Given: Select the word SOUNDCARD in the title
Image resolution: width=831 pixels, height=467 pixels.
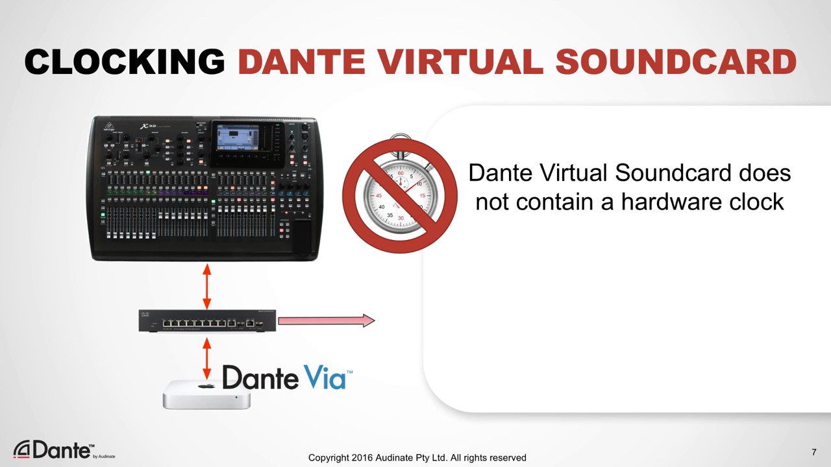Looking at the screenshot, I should click(x=676, y=62).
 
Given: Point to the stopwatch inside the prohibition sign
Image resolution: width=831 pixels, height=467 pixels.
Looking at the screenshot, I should click(x=399, y=195).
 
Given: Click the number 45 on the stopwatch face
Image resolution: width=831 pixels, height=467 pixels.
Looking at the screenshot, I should click(x=378, y=195).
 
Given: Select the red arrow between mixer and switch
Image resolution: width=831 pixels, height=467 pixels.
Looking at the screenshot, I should click(x=207, y=286).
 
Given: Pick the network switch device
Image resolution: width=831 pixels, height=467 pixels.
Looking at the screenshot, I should click(x=207, y=320).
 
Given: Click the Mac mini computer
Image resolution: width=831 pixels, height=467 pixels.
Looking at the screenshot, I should click(x=206, y=394).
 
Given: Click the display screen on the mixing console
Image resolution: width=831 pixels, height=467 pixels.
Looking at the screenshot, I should click(x=237, y=138).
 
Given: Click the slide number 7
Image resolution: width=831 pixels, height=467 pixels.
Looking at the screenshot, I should click(x=813, y=451).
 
